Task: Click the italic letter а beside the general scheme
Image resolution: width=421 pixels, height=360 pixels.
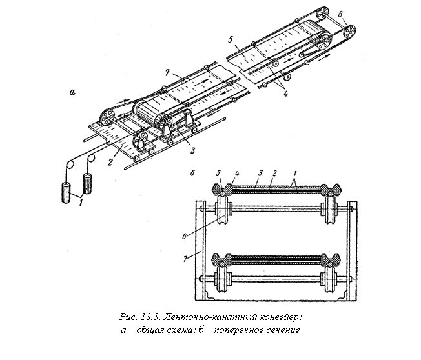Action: coord(72,92)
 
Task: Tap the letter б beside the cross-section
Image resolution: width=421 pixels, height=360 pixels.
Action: coord(192,173)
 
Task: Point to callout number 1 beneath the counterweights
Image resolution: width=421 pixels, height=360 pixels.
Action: coord(81,203)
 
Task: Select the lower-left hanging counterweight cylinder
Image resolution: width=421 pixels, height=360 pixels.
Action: coord(66,193)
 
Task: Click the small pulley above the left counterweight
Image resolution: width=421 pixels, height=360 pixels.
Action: coord(70,165)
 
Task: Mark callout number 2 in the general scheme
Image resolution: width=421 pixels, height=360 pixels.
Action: coord(110,162)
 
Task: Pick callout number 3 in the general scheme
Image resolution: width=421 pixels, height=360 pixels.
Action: coord(192,150)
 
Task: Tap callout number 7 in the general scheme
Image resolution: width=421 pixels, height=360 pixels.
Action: coord(167,72)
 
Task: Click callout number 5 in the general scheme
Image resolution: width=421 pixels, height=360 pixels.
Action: coord(230,41)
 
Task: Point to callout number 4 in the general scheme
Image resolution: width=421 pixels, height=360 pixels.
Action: coord(285,94)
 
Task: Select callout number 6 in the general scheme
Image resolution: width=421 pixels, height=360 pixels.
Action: coord(340,14)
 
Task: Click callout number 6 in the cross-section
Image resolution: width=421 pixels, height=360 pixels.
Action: coord(185,236)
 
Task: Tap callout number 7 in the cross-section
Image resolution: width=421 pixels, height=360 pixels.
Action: coord(185,259)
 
